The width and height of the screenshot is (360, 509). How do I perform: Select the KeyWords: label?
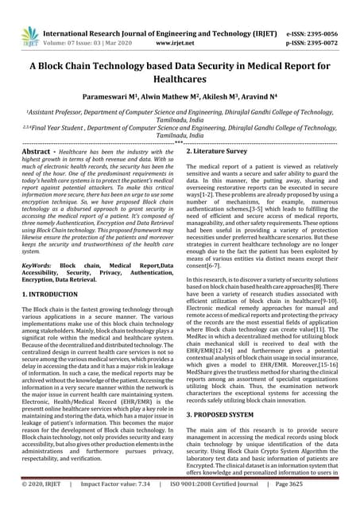[x=38, y=263]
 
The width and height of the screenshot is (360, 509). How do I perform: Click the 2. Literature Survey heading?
[x=223, y=150]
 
